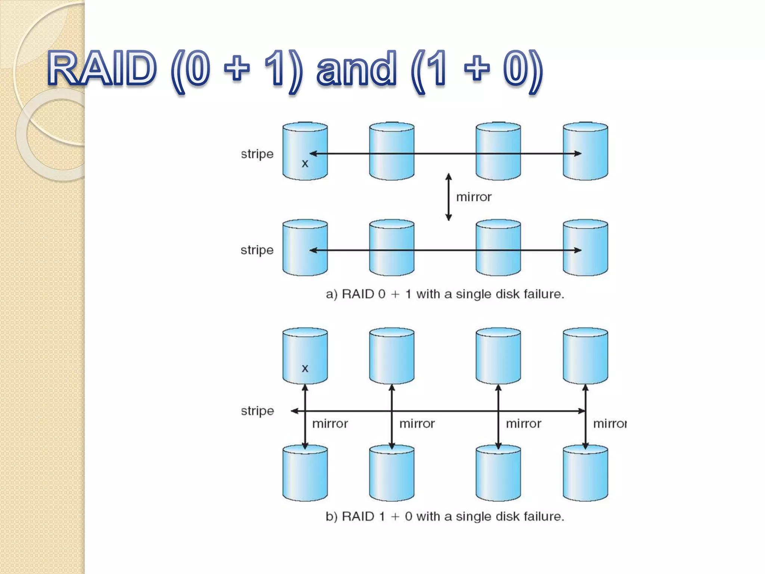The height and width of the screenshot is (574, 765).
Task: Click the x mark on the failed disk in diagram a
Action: [305, 164]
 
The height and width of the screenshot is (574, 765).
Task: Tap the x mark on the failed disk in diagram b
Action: [305, 368]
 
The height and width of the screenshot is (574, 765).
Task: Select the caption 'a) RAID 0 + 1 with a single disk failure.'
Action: [445, 294]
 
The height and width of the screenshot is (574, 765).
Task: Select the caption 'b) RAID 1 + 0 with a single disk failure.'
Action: [445, 516]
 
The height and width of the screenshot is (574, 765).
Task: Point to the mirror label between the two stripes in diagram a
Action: [474, 197]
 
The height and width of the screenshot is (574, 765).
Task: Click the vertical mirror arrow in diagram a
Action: [449, 197]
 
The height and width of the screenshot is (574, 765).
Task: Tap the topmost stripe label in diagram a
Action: [257, 154]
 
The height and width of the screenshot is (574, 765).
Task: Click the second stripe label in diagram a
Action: [257, 250]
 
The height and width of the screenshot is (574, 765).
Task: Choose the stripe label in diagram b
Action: [257, 411]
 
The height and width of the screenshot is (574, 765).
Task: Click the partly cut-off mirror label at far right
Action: [610, 424]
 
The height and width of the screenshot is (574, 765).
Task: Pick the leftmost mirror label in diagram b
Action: [330, 424]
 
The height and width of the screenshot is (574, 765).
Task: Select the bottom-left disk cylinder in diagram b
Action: [305, 474]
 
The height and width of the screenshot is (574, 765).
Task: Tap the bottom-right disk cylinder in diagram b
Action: [585, 474]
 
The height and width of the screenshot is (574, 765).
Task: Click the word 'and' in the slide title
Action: [356, 69]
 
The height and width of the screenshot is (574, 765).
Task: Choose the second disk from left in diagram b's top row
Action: [392, 356]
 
